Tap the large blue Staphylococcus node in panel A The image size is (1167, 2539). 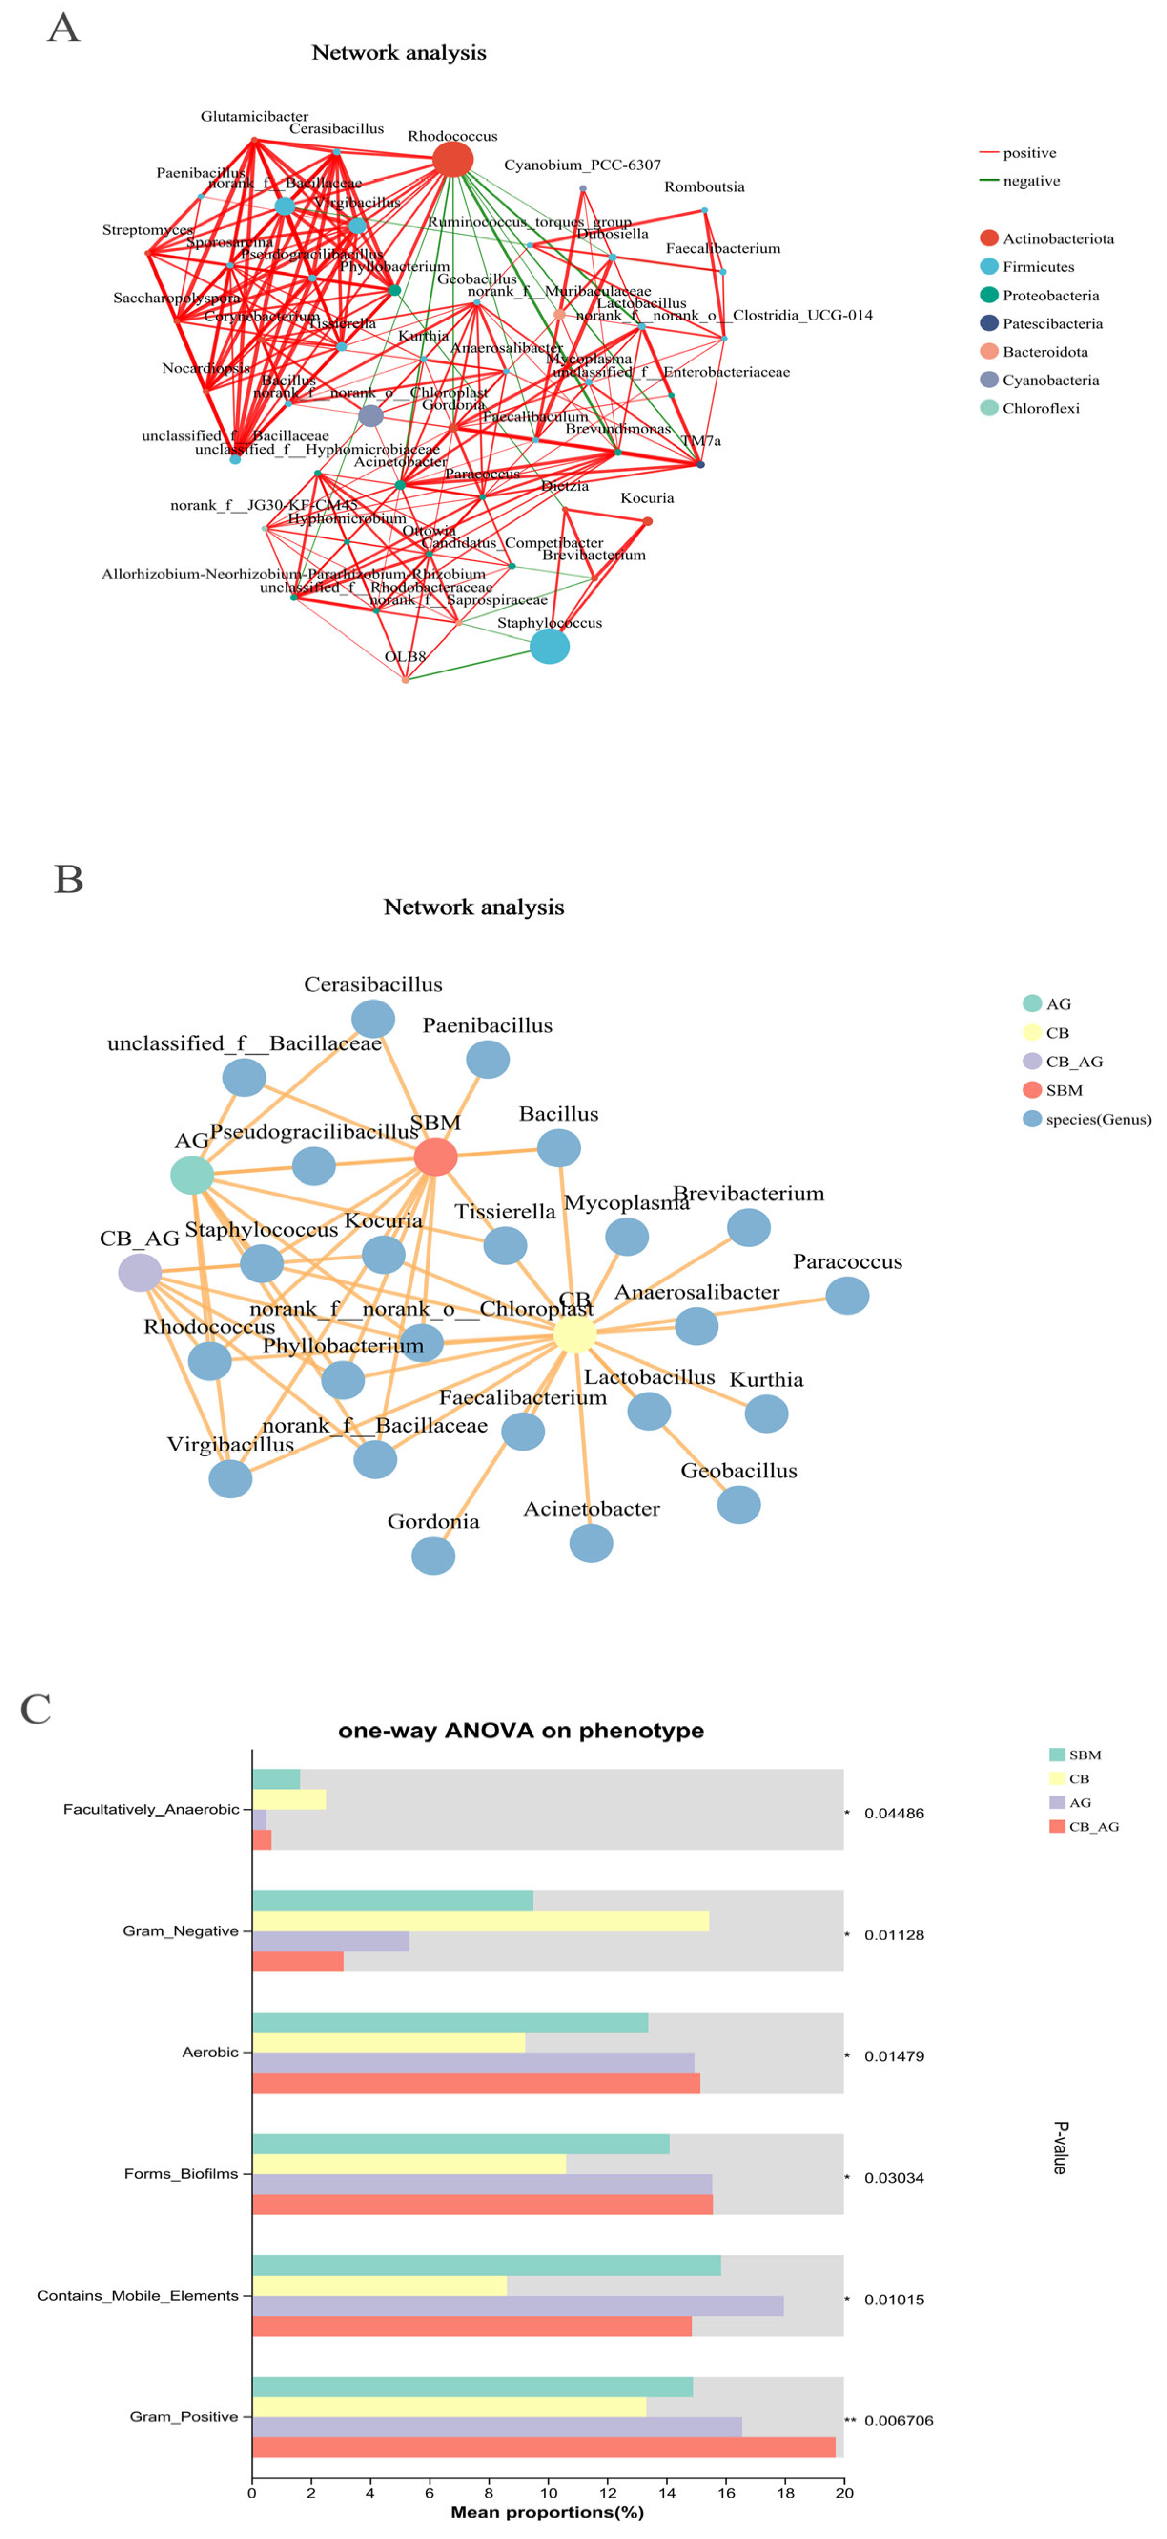tap(549, 647)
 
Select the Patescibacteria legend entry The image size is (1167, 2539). tap(1051, 323)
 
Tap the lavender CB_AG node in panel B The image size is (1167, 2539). tap(140, 1272)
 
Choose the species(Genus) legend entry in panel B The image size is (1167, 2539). tap(1097, 1119)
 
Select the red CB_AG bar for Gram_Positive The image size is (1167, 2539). tap(543, 2447)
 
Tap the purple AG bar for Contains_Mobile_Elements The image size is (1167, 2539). tap(517, 2305)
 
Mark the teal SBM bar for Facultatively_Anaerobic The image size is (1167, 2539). tap(276, 1779)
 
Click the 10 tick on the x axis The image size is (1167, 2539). tap(548, 2493)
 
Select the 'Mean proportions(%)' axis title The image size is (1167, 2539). tap(547, 2511)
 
